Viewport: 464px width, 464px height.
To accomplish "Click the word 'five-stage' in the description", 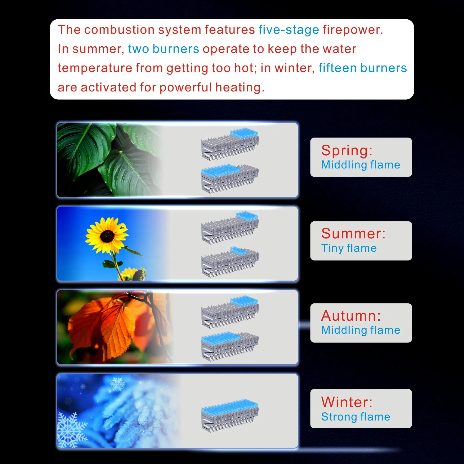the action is (289, 30).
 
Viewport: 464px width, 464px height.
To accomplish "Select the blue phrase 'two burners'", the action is (164, 49).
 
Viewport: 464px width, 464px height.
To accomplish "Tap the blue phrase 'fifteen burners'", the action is (363, 68).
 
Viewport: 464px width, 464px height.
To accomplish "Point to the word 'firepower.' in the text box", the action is (353, 30).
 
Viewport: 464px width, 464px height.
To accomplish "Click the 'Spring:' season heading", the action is (347, 151).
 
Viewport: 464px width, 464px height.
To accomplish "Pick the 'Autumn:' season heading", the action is (351, 315).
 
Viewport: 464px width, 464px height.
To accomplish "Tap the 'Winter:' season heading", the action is (347, 402).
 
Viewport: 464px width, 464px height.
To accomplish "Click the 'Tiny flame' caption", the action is (349, 248).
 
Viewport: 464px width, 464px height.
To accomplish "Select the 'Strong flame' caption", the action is (356, 417).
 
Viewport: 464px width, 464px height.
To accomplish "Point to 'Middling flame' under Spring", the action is (361, 165).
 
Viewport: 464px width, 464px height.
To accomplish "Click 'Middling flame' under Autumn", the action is (361, 330).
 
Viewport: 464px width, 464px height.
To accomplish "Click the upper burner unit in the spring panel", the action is (230, 144).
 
